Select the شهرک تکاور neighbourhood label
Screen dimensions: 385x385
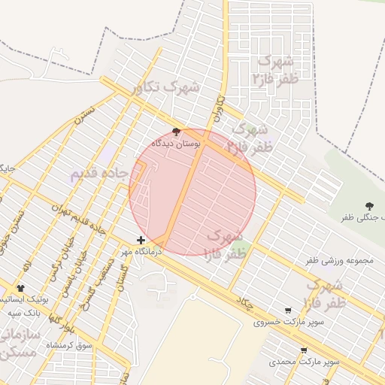click(x=165, y=88)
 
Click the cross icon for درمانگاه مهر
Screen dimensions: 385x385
click(x=141, y=240)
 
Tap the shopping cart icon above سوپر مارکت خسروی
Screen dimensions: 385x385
click(x=288, y=311)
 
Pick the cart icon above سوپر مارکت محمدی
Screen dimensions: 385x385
click(x=304, y=350)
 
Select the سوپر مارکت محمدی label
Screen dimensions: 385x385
click(x=305, y=362)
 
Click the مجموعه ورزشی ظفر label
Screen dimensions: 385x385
click(x=340, y=260)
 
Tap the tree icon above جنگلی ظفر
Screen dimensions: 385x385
click(x=369, y=205)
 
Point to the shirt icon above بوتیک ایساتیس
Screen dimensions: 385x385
click(x=20, y=288)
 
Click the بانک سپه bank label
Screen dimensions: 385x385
click(x=24, y=311)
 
